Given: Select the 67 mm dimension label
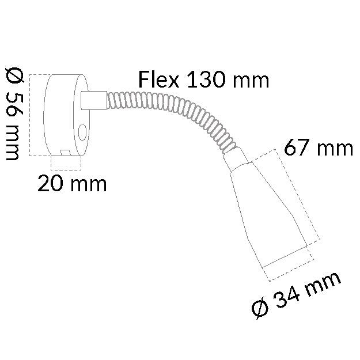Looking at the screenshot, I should pos(318,149).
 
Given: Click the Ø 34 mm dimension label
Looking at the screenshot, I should pos(297,295).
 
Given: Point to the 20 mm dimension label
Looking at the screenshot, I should pos(72,184).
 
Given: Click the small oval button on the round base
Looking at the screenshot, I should pos(83,132).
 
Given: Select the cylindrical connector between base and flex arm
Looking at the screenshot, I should pos(93,100).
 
